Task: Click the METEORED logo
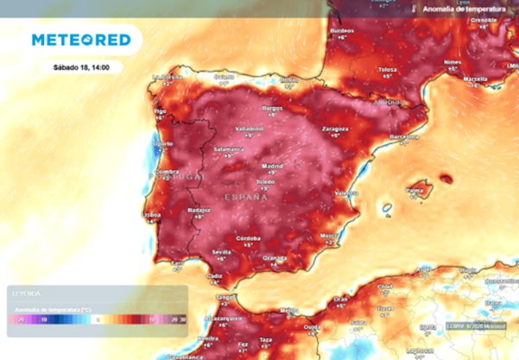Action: point(81,40)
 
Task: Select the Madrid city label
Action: point(272,165)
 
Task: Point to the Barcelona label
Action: point(404,136)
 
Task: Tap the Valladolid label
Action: point(250,129)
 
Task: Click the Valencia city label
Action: point(346,193)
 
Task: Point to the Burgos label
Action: point(272,108)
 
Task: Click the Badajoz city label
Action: point(199,210)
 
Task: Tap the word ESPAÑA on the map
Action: point(246,197)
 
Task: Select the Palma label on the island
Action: point(418,184)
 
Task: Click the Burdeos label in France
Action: point(343,31)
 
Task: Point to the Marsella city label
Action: point(474,79)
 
